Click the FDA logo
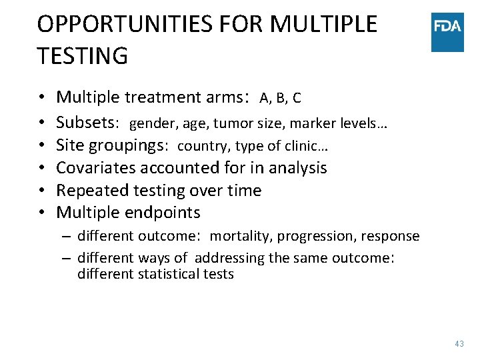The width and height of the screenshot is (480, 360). [447, 32]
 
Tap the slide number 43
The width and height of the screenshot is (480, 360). [459, 343]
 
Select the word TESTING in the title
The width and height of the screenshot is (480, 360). [83, 56]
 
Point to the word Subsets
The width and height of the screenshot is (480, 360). [86, 123]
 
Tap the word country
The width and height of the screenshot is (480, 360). [199, 146]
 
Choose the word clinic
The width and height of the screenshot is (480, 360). [307, 146]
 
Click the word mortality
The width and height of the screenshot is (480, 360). [240, 237]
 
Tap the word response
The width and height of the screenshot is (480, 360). [391, 237]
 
